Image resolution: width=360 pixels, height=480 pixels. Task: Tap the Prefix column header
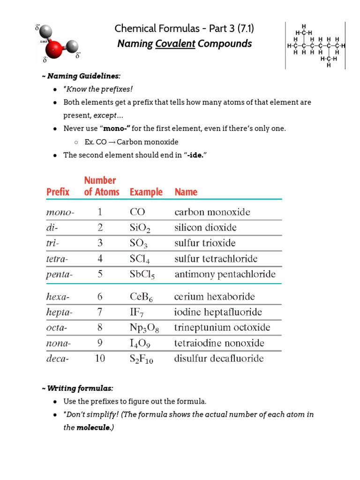[x=58, y=192]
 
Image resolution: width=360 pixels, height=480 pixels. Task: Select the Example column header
[x=146, y=192]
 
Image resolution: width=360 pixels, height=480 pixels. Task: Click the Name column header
[x=186, y=192]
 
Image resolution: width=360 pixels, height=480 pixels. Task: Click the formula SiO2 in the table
[x=141, y=228]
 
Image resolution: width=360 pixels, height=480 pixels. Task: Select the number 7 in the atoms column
[x=99, y=312]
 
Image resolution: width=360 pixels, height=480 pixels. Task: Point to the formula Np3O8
[x=144, y=328]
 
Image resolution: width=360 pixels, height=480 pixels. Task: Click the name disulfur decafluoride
[x=219, y=359]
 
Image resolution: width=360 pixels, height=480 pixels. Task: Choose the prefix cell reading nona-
[x=59, y=343]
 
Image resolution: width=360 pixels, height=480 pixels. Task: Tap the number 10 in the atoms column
[x=99, y=359]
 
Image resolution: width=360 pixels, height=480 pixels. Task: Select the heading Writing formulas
[x=78, y=389]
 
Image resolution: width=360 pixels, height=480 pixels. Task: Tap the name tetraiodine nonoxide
[x=219, y=343]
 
